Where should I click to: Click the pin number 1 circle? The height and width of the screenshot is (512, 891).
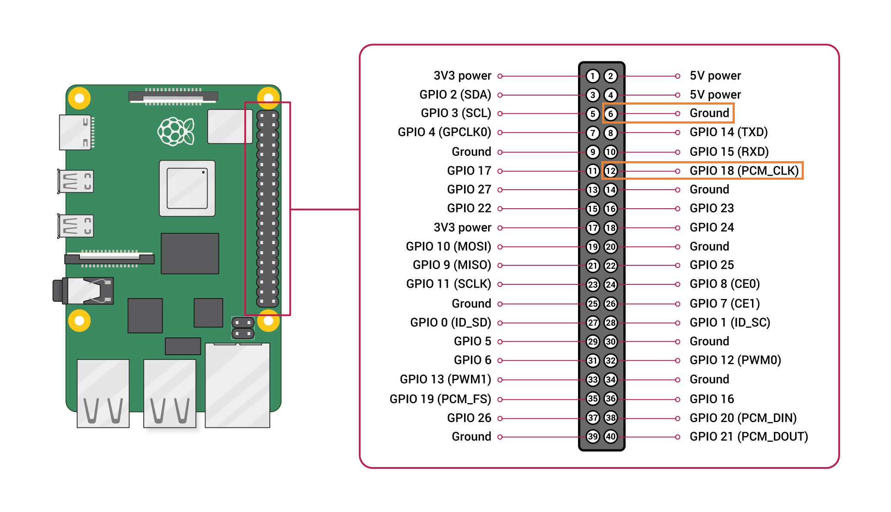tap(593, 76)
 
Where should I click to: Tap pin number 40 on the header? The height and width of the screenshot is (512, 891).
tap(610, 436)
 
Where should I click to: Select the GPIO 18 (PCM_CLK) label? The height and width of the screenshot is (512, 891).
tap(744, 171)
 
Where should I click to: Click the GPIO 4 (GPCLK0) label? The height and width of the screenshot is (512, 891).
tap(444, 132)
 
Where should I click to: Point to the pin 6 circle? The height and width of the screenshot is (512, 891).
tap(610, 114)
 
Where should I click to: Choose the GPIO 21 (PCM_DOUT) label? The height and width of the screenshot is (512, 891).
tap(749, 436)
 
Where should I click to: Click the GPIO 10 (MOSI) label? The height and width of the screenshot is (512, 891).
tap(448, 246)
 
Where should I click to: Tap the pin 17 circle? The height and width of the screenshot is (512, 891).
tap(593, 228)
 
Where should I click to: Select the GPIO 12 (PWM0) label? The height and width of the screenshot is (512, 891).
tap(735, 360)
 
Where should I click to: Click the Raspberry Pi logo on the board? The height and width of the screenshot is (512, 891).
tap(176, 131)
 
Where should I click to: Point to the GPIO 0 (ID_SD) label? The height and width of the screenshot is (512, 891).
tap(450, 322)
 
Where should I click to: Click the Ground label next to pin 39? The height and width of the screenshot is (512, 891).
tap(471, 436)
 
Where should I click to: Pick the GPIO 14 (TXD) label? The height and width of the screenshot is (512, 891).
tap(728, 132)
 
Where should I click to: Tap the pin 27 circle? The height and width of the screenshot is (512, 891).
tap(593, 322)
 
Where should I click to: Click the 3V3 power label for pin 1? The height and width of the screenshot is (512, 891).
tap(462, 76)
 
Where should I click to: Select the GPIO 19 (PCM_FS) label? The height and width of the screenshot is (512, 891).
tap(440, 399)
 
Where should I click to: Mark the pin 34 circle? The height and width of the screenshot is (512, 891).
tap(610, 380)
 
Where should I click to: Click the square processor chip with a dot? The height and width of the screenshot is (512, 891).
tap(187, 188)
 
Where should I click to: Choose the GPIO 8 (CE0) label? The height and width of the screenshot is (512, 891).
tap(724, 284)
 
